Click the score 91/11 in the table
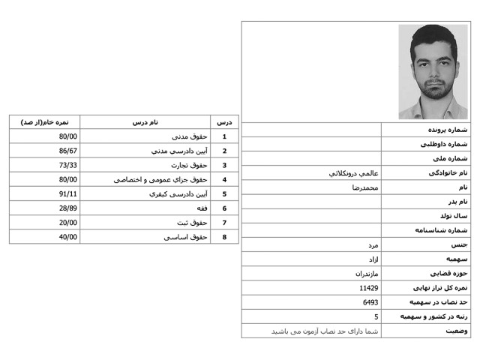(x=69, y=193)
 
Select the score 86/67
(x=69, y=151)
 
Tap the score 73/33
(x=69, y=165)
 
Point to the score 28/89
(x=69, y=208)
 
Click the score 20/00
(x=69, y=223)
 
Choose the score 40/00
(x=69, y=237)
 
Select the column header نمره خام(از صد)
(x=45, y=121)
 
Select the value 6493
(x=370, y=301)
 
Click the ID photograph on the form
(x=433, y=72)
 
